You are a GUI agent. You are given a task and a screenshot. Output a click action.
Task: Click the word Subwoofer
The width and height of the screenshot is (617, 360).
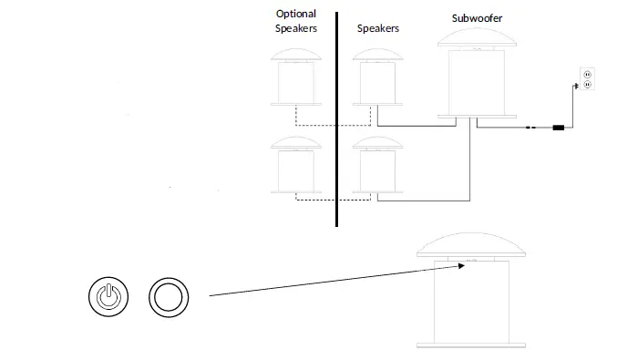click(478, 18)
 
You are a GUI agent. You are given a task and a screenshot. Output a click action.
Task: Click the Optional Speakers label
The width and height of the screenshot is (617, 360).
click(296, 21)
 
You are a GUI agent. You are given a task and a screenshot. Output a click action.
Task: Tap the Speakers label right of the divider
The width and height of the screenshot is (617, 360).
click(377, 29)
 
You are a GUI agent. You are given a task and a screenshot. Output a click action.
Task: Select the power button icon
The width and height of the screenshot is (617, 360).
click(108, 296)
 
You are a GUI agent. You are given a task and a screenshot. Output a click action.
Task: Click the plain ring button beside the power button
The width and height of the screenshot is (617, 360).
click(169, 296)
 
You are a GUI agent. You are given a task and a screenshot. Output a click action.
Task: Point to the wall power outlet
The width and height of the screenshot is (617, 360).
click(587, 79)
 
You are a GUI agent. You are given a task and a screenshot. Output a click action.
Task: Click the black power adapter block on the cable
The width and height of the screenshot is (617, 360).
click(558, 129)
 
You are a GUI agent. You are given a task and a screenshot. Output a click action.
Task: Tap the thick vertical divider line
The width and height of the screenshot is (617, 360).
click(336, 118)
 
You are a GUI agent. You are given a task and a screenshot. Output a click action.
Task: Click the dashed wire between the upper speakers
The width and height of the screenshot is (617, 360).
click(333, 125)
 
